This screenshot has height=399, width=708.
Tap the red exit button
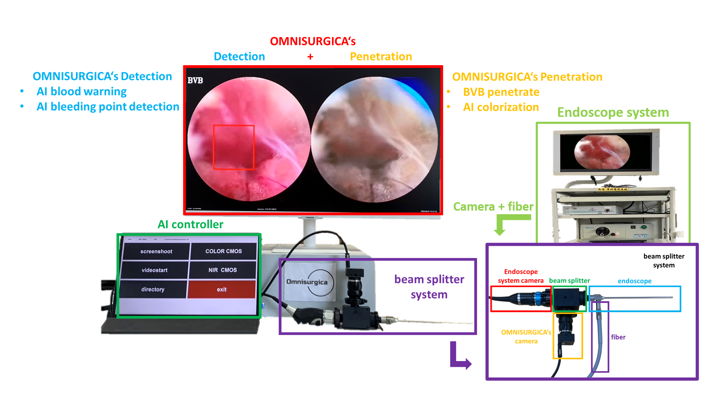click(221, 289)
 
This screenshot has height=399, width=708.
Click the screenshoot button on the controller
click(156, 251)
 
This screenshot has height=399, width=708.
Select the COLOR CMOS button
click(224, 251)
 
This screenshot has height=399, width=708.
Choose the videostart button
click(155, 270)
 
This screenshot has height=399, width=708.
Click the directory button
click(153, 289)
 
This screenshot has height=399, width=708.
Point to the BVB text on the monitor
click(195, 80)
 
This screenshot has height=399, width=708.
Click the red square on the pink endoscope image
click(234, 147)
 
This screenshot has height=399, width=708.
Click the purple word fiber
click(618, 337)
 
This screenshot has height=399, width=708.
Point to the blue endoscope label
click(634, 281)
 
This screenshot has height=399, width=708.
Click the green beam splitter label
click(569, 280)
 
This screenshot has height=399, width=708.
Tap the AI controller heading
click(190, 224)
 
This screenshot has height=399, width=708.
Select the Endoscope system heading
click(613, 113)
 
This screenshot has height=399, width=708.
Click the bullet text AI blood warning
click(82, 91)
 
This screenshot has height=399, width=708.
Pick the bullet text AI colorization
click(501, 107)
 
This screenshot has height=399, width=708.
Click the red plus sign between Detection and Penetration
click(310, 57)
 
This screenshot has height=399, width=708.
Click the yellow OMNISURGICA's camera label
click(526, 337)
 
